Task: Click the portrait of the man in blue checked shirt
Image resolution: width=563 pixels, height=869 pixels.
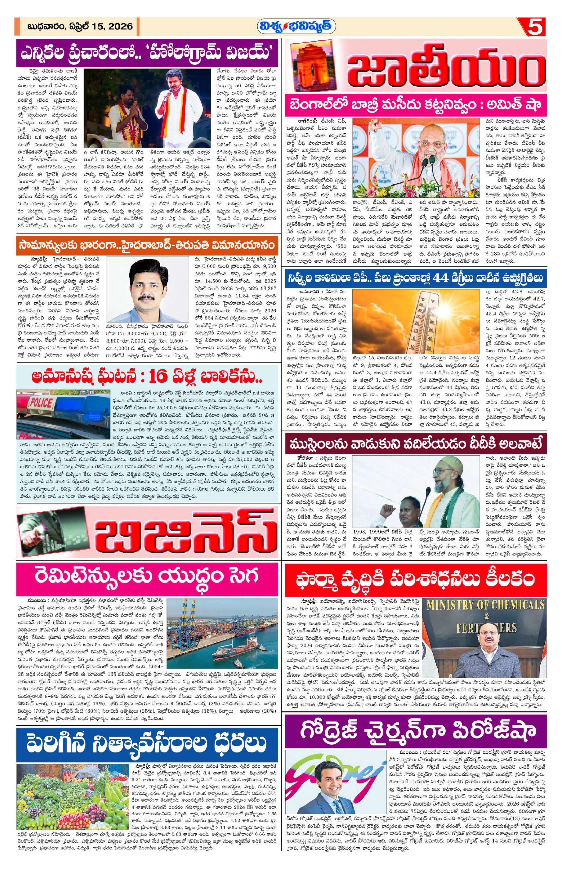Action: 146,292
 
